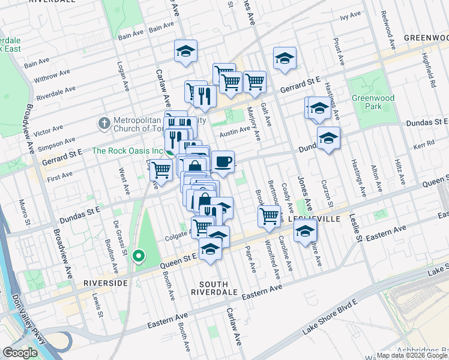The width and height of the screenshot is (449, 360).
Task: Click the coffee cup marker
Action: [223, 161]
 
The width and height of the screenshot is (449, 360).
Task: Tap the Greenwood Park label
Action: [367, 102]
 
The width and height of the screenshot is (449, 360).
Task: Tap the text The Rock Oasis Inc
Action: [128, 151]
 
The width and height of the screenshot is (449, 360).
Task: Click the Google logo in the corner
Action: [20, 353]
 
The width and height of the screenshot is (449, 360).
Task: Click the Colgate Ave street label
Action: [178, 236]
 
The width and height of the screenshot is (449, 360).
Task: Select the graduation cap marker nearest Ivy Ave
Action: [285, 58]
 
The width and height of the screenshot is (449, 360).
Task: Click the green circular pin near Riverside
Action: [139, 256]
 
